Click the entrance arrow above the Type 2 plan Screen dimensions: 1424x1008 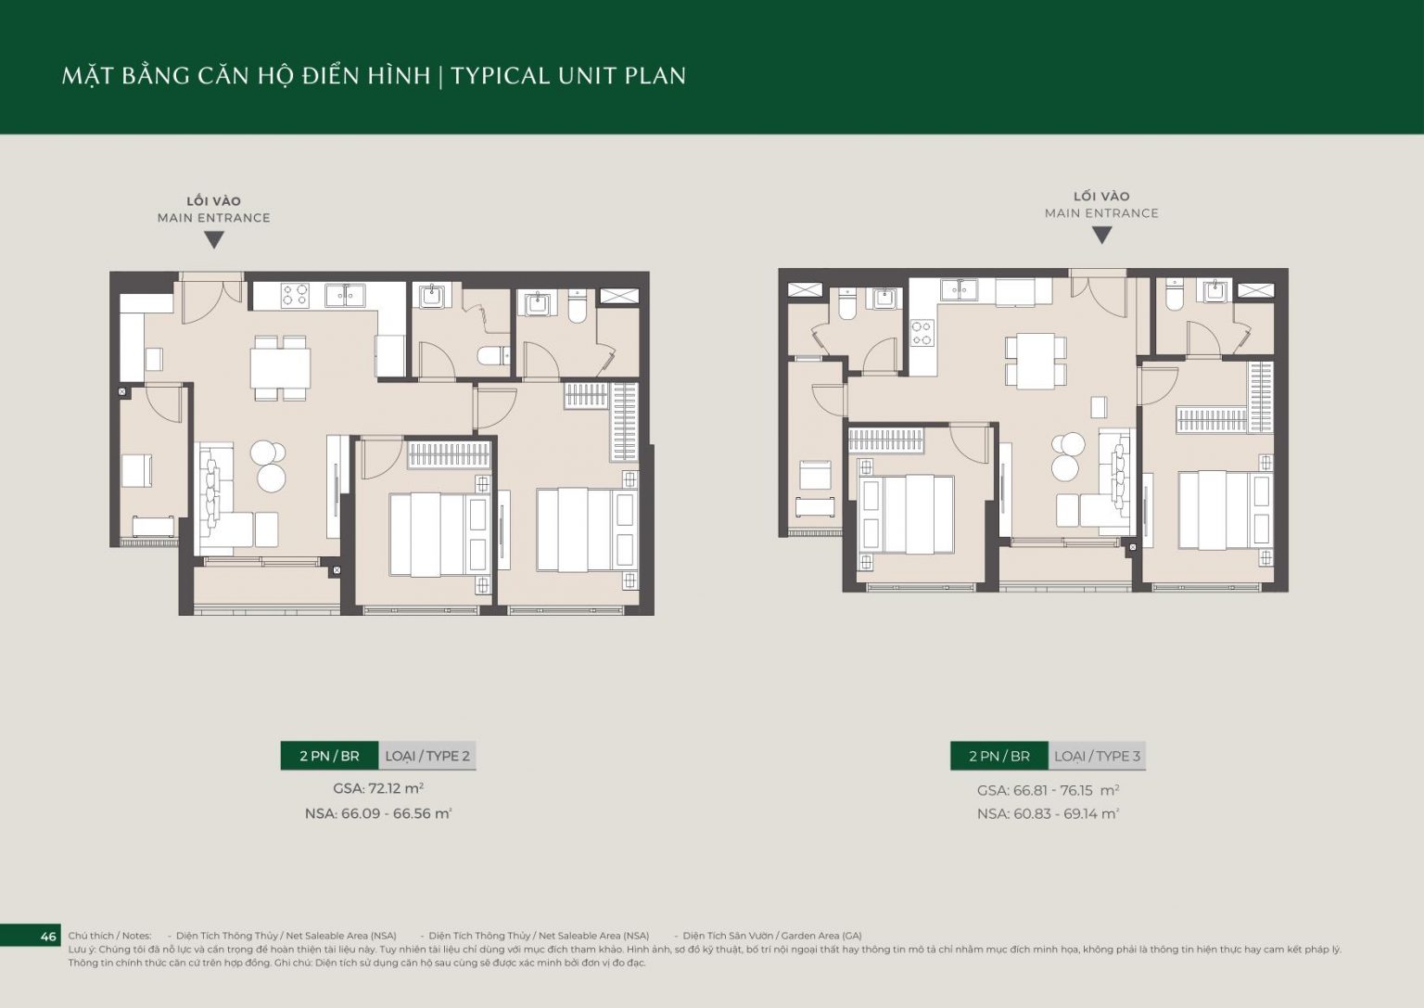coord(214,239)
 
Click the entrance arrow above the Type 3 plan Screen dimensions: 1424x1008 coord(1101,236)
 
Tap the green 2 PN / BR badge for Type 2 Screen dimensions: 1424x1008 coord(329,756)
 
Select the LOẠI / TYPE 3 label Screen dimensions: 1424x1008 coord(1098,756)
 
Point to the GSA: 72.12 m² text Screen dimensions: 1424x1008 coord(378,788)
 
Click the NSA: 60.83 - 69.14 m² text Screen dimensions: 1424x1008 coord(1048,814)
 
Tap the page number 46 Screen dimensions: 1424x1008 coord(48,937)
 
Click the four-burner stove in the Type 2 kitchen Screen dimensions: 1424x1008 coord(296,296)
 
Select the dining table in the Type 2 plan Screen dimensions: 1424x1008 coord(280,367)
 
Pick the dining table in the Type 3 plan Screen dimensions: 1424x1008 coord(1036,361)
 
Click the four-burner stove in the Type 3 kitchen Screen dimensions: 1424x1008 coord(922,333)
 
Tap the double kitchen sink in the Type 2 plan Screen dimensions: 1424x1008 coord(345,296)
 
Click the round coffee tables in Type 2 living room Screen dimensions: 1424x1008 coord(268,466)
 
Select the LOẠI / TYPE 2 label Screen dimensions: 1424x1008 coord(427,756)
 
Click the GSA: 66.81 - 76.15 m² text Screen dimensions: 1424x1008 coord(1048,790)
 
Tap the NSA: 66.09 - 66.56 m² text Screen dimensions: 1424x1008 coord(378,813)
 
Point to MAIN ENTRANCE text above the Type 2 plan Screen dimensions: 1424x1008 coord(213,218)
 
